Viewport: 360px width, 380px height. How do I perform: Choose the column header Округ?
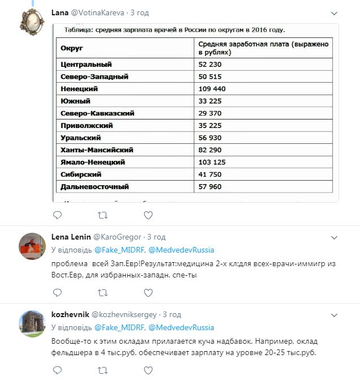[71, 48]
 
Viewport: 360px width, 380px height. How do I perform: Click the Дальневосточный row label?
[95, 186]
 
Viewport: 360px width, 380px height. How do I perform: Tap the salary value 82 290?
[209, 150]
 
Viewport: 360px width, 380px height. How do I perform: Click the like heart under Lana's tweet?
[148, 215]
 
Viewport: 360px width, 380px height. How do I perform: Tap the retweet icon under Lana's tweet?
[102, 215]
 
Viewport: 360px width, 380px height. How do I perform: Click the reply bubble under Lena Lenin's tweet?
[57, 293]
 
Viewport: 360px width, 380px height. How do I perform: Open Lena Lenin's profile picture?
[32, 245]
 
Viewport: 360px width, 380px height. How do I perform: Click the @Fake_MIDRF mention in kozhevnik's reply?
[119, 327]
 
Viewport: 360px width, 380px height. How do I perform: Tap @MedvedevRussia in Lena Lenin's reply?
[182, 250]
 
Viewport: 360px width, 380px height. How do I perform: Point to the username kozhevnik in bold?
[67, 314]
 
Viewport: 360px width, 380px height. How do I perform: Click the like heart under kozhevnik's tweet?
[148, 371]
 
